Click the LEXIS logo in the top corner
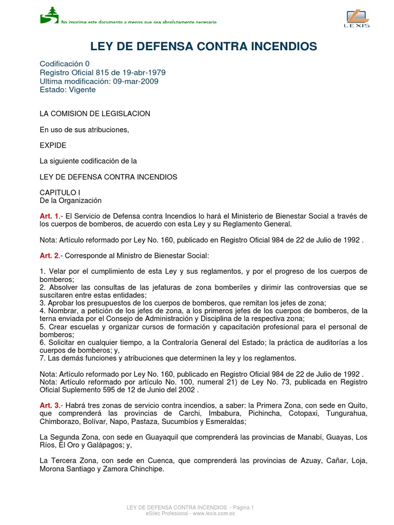[357, 18]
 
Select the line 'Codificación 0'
[65, 64]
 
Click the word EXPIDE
[53, 146]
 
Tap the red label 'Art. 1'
[49, 216]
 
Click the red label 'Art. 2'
[49, 255]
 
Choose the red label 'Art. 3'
[49, 406]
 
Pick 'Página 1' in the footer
[241, 508]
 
